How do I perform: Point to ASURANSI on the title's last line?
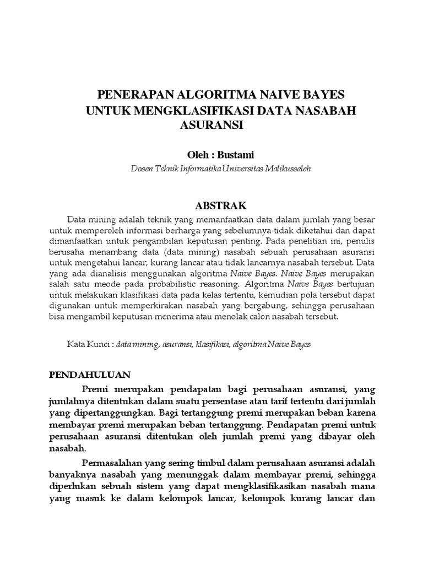tap(211, 125)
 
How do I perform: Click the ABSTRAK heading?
tap(220, 206)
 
